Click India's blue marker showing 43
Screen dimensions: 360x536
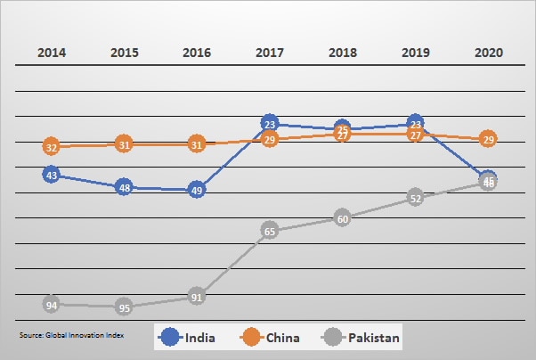coord(52,176)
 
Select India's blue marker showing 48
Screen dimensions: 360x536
coord(125,188)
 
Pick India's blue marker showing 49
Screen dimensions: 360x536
coord(197,190)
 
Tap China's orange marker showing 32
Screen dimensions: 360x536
coord(52,147)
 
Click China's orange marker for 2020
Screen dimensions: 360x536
coord(488,139)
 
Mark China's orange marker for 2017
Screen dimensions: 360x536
coord(271,140)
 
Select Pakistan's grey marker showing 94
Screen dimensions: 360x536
coord(52,305)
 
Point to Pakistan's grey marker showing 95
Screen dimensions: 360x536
coord(125,308)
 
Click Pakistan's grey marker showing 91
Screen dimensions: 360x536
coord(197,298)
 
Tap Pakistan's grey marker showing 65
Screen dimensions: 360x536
coord(270,231)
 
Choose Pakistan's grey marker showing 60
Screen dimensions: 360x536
coord(343,217)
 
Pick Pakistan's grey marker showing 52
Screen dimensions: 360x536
coord(415,198)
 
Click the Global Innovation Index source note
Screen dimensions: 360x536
coord(72,335)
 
